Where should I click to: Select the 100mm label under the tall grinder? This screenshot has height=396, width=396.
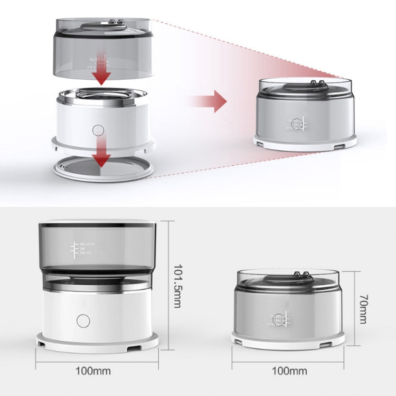[x=97, y=371]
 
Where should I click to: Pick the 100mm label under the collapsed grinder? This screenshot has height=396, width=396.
[x=288, y=371]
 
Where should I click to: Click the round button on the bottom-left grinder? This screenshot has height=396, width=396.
[x=83, y=320]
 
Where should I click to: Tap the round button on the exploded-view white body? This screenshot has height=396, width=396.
[x=98, y=130]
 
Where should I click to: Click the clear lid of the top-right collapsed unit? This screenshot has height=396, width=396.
[x=305, y=84]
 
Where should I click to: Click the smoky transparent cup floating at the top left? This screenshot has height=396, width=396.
[x=103, y=48]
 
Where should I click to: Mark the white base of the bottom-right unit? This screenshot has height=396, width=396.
[x=288, y=340]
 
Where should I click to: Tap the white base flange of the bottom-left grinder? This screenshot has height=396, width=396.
[x=97, y=342]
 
